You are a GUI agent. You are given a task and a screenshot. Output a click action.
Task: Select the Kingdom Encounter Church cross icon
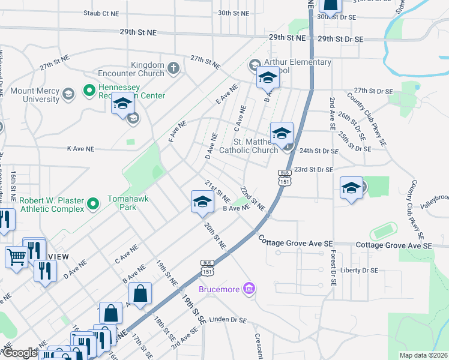(x=173, y=67)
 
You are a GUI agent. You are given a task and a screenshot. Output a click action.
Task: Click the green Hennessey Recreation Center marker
(x=89, y=91)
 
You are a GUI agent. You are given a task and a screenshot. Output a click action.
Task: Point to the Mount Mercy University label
(x=35, y=95)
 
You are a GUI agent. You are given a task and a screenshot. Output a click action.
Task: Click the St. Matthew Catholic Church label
(x=256, y=146)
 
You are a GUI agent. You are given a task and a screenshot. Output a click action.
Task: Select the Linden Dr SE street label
(x=226, y=320)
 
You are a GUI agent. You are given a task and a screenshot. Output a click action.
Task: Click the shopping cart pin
(x=16, y=257)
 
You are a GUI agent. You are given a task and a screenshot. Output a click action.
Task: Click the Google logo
(x=19, y=352)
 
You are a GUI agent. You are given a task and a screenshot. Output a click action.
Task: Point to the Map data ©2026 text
(x=423, y=355)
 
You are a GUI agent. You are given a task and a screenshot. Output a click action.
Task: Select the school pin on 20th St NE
(x=202, y=202)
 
